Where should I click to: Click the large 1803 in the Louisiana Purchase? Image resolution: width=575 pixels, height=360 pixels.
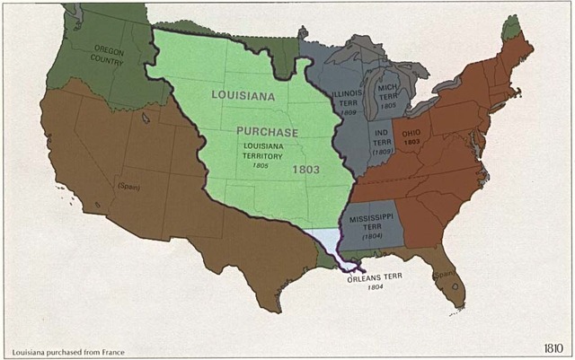pyautogui.click(x=305, y=168)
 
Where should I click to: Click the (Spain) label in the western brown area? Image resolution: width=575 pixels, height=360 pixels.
pyautogui.click(x=128, y=186)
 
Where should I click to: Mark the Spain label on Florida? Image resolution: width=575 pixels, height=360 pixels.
pyautogui.click(x=442, y=274)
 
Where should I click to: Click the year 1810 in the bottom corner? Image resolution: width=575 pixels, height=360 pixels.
pyautogui.click(x=553, y=347)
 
